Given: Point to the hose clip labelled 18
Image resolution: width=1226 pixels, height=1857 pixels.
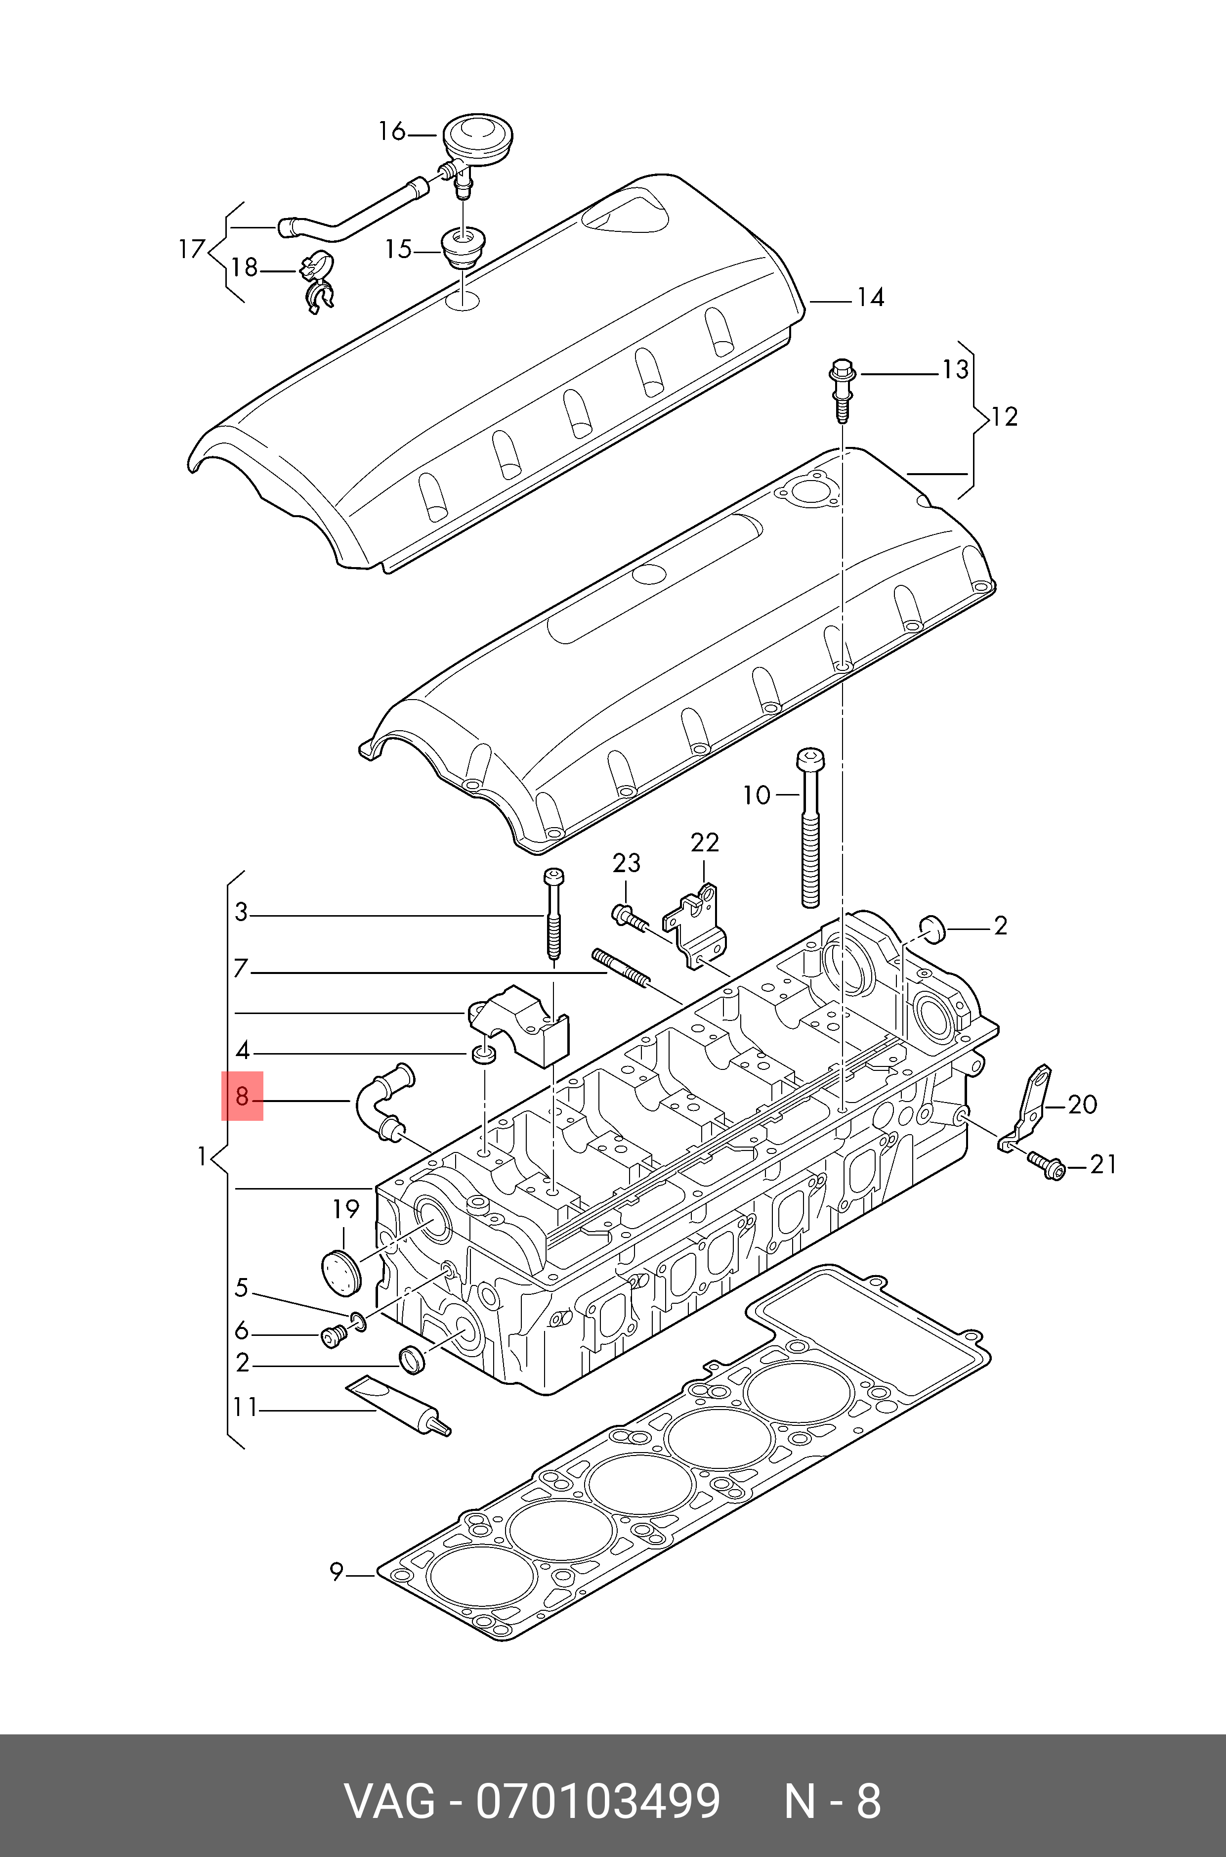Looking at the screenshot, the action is coord(317,279).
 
